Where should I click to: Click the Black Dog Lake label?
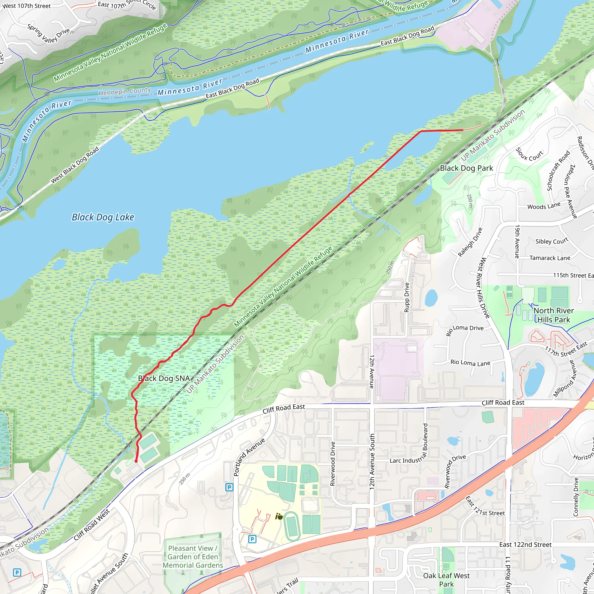103,217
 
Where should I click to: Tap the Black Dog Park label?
466,168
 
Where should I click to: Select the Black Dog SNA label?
164,379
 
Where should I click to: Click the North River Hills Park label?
553,315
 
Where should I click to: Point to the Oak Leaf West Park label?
446,580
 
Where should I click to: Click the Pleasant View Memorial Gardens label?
193,557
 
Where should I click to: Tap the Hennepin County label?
124,91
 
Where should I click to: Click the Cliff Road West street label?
91,525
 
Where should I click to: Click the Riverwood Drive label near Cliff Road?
332,464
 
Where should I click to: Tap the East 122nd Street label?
525,545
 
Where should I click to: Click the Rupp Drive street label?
406,297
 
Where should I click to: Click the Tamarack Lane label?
550,258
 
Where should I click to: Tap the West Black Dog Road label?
75,165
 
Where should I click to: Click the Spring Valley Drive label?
48,33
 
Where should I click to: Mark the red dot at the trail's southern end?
136,461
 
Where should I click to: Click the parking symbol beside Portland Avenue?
229,487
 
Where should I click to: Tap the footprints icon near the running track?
279,517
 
